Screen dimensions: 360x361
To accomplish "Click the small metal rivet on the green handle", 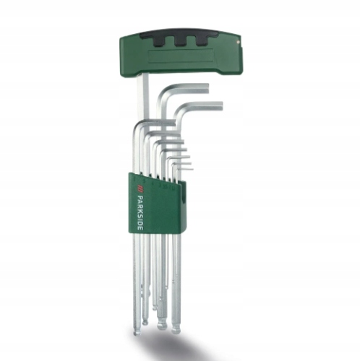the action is click(238, 41).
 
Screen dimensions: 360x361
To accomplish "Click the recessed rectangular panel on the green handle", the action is click(181, 56).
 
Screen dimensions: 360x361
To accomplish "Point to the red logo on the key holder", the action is click(139, 188).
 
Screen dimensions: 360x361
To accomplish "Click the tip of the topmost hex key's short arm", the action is click(207, 87).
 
